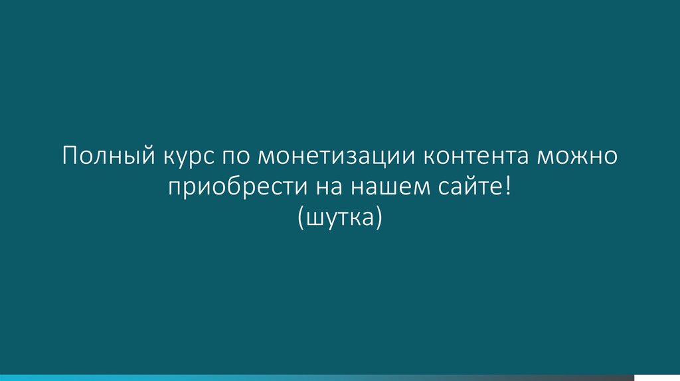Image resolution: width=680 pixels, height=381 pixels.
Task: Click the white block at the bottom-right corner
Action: point(657,377)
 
